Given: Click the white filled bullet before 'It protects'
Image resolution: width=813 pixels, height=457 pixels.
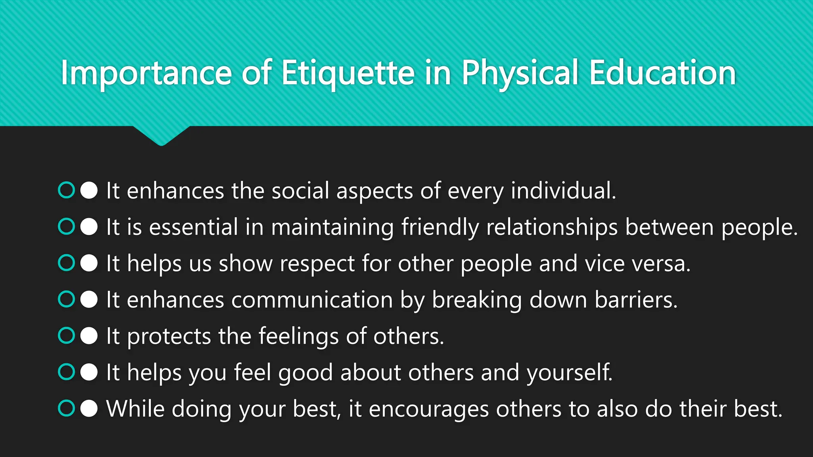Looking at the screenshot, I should click(89, 336).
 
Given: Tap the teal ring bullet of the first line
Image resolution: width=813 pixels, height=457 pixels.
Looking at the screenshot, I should click(66, 190).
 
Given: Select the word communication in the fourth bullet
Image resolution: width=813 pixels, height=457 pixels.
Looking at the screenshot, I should click(312, 300).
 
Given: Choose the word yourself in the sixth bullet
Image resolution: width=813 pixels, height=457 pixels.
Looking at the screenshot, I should click(569, 373).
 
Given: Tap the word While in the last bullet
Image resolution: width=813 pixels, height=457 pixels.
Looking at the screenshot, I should click(135, 409).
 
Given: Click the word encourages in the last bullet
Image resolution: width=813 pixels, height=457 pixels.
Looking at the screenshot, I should click(429, 409).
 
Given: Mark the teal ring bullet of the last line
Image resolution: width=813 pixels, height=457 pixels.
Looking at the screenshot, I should click(66, 408).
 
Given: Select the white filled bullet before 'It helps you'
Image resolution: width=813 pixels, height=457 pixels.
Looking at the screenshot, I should click(89, 372).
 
